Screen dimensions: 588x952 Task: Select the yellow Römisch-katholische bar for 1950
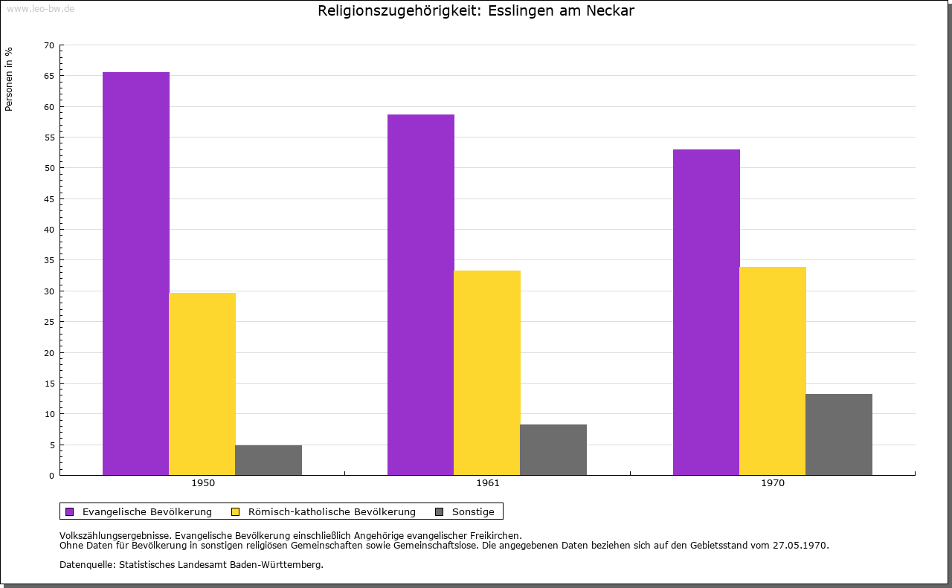(x=202, y=384)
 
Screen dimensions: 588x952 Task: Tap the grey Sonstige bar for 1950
(x=268, y=460)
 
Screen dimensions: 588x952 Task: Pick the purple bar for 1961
(x=420, y=294)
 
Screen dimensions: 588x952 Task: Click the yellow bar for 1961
(x=486, y=372)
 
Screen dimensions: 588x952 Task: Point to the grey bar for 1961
(x=553, y=450)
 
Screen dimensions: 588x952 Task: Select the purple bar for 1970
(x=706, y=312)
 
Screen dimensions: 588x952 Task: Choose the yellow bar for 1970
(x=772, y=371)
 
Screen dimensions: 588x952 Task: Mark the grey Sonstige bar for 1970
(x=839, y=434)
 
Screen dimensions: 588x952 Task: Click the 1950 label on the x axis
(x=203, y=483)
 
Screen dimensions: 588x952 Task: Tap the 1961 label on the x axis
(x=488, y=483)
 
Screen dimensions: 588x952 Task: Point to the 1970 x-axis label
(x=773, y=483)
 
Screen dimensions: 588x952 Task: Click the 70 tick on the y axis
(x=49, y=45)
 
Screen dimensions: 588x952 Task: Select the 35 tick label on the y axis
(x=49, y=260)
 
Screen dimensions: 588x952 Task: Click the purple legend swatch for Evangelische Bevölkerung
(x=70, y=511)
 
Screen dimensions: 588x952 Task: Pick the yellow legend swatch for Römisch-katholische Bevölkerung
(x=236, y=511)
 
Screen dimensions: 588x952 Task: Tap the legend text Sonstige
(x=473, y=511)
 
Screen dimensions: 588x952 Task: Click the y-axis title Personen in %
(x=9, y=79)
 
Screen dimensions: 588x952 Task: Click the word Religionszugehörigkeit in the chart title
(x=399, y=11)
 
